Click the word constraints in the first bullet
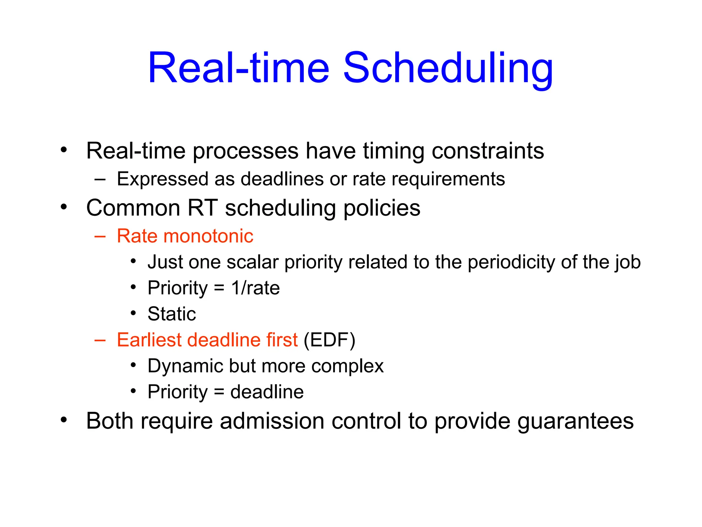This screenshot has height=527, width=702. click(x=487, y=151)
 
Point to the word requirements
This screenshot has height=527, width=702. click(x=448, y=179)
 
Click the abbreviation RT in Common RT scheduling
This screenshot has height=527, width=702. click(x=202, y=208)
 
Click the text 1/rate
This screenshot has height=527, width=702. click(x=255, y=288)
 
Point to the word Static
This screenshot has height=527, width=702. click(x=172, y=314)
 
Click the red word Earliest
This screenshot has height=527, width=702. click(x=149, y=340)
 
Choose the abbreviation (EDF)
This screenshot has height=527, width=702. click(x=329, y=340)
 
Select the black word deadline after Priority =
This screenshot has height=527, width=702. click(x=267, y=392)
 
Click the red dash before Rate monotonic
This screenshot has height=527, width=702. click(x=100, y=236)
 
